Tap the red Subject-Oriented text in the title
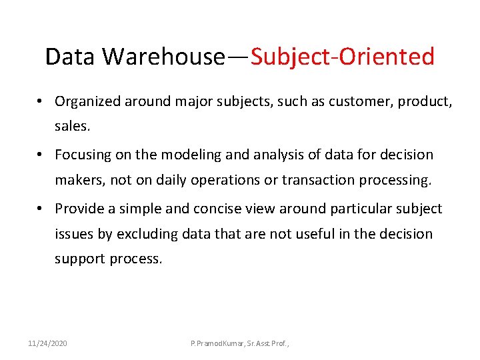coord(343,57)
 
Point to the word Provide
coord(79,209)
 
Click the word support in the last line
coord(79,259)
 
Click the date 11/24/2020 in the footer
coord(47,343)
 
